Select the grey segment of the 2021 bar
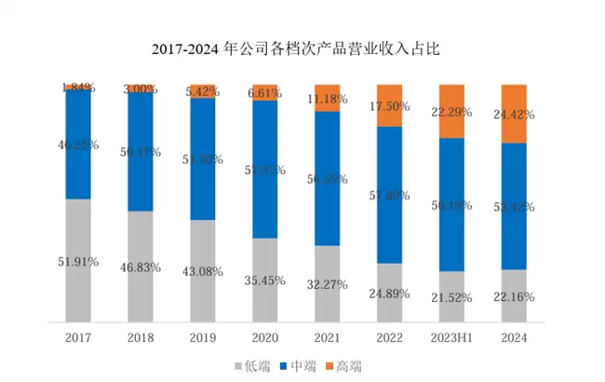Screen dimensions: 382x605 point(327,289)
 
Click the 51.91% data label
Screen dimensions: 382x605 point(78,261)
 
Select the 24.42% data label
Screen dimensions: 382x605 point(514,116)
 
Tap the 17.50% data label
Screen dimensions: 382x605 point(389,106)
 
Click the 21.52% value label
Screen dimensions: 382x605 point(451,297)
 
